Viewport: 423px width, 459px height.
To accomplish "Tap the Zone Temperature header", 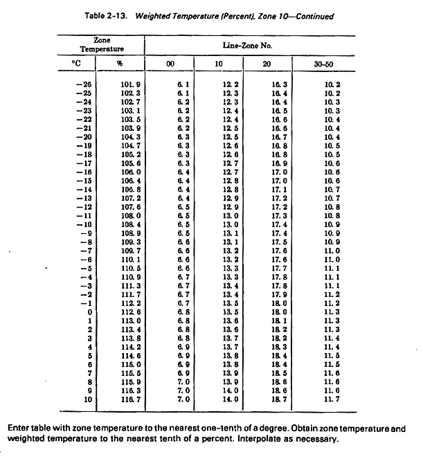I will point(102,45).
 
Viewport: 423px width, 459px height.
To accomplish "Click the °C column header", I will point(77,64).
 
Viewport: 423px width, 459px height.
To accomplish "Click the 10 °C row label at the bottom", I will point(87,398).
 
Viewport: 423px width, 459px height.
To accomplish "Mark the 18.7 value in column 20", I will point(280,398).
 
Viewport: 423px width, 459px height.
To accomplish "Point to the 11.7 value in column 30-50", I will point(334,398).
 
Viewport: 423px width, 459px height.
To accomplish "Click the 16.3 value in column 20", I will point(280,84).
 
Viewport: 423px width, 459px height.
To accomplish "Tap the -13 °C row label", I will point(83,198).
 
